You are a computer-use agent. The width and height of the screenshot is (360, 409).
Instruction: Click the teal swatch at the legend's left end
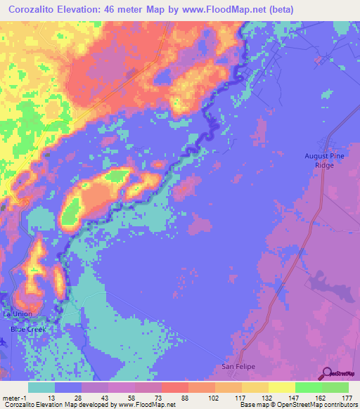click(41, 387)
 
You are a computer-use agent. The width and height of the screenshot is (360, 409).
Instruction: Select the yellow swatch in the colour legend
click(282, 387)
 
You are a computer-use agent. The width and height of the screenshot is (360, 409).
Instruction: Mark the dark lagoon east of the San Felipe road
click(330, 288)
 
